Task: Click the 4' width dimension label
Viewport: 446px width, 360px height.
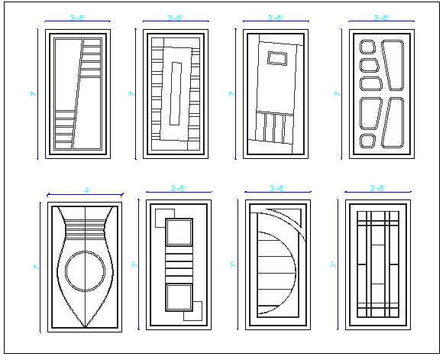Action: [86, 189]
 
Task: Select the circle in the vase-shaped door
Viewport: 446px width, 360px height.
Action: [84, 271]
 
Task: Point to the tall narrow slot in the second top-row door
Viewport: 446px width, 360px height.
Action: [176, 91]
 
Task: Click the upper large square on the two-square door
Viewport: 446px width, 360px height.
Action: [179, 232]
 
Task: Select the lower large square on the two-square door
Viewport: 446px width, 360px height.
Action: [179, 297]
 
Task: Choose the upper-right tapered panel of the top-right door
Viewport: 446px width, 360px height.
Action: [396, 64]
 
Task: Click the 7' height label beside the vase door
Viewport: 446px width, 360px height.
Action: [36, 268]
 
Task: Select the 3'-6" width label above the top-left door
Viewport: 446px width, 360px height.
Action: [76, 16]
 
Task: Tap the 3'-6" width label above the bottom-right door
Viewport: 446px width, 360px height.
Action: [378, 187]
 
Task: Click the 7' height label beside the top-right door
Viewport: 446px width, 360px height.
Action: [337, 94]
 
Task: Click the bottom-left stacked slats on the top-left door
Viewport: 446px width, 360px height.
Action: [66, 129]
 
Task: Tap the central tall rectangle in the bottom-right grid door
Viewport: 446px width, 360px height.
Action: [378, 268]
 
